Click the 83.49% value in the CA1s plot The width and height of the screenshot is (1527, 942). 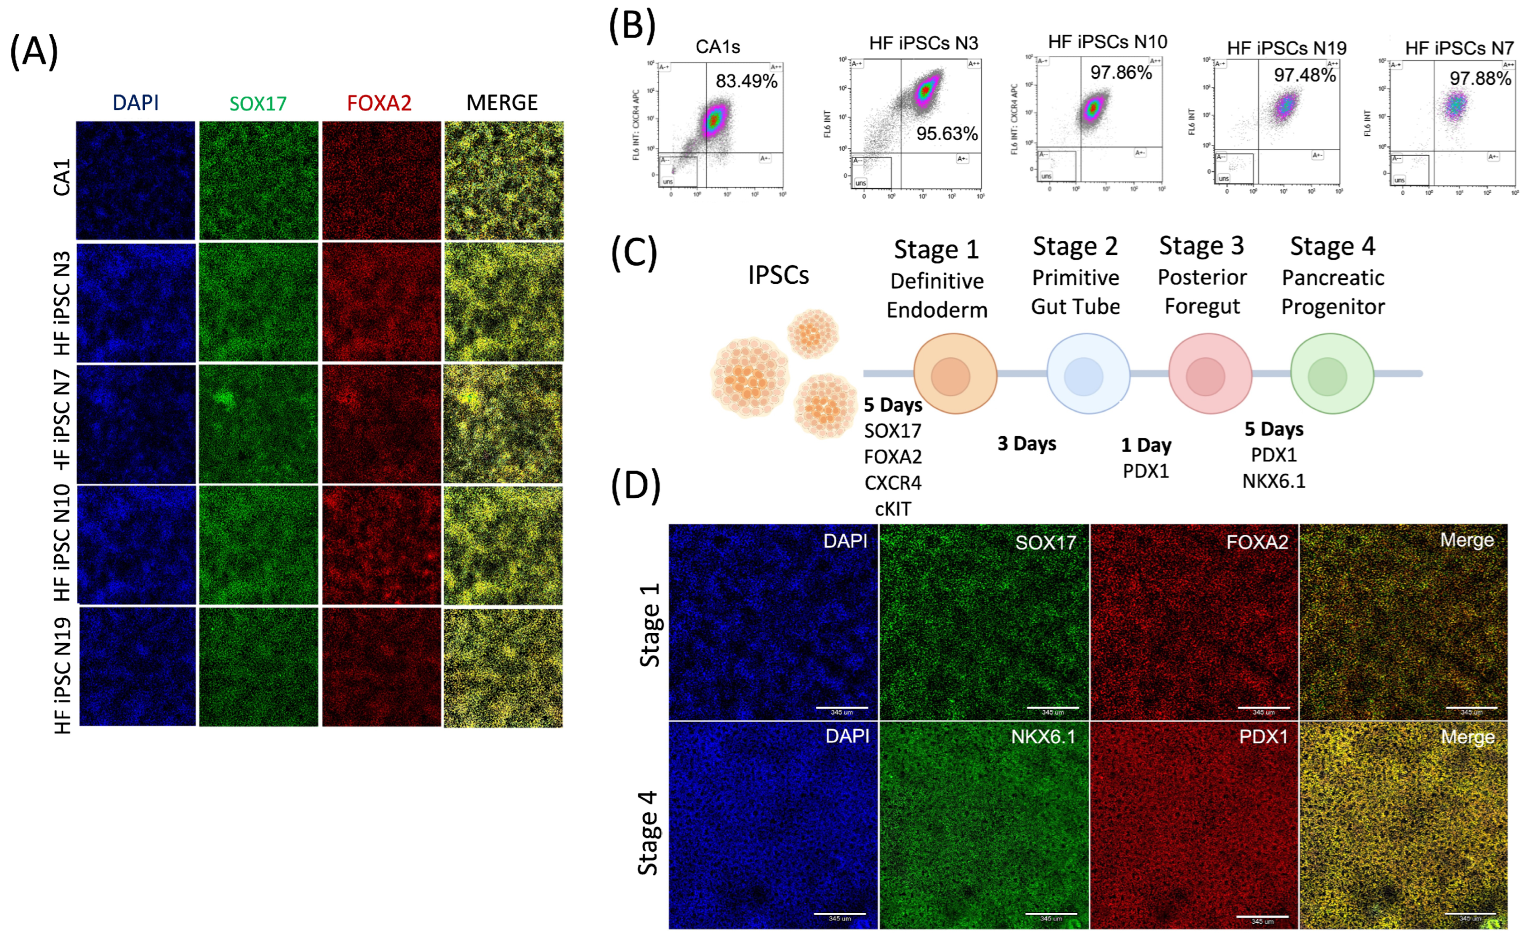click(746, 81)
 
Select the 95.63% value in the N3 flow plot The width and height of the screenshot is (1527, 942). click(946, 134)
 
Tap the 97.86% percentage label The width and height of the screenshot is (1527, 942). click(1120, 72)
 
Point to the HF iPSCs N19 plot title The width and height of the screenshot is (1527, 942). click(1286, 48)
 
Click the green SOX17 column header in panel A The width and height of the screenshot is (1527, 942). click(258, 104)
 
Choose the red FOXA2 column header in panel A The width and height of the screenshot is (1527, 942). click(379, 103)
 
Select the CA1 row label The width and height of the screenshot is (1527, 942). click(62, 178)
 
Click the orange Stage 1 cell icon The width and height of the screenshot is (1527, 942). click(954, 374)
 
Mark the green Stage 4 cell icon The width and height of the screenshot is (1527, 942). click(1331, 374)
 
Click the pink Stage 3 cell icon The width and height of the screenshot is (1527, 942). click(1209, 374)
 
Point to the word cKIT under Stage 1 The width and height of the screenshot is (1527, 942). click(892, 510)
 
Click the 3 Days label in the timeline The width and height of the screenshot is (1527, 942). click(1026, 444)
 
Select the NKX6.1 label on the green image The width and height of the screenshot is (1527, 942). click(1043, 737)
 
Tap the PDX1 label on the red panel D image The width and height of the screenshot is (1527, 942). click(1263, 737)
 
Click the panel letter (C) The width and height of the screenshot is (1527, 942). click(633, 254)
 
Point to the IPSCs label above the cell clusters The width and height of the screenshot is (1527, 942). click(778, 275)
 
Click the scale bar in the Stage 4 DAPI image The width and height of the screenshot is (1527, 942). click(839, 914)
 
